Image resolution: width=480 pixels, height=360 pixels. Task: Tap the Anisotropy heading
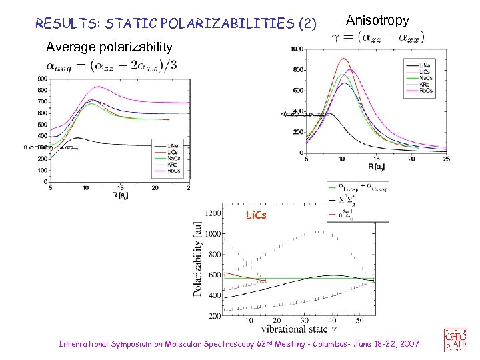377,21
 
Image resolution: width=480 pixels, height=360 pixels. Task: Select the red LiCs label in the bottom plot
257,215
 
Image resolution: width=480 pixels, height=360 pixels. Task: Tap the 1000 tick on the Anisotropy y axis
297,49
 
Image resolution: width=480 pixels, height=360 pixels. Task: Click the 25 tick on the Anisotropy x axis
446,159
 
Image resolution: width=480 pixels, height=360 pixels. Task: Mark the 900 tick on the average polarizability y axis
42,79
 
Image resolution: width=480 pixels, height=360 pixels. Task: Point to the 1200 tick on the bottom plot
213,213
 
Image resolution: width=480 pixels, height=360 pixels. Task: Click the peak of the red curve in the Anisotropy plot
344,59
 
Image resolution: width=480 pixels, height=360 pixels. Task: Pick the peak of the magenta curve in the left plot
99,87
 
